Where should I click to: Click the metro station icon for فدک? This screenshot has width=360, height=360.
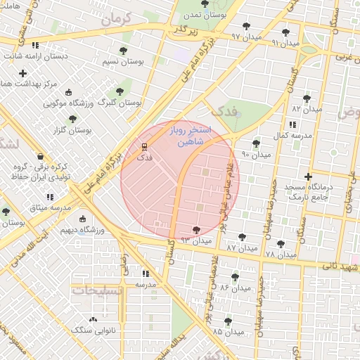point(144,146)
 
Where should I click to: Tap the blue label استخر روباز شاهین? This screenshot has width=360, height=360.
point(187,136)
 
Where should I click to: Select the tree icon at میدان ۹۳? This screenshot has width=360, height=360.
point(196,229)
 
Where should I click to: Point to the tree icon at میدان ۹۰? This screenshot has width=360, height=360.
point(256,143)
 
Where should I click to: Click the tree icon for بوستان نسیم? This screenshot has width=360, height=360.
point(124,51)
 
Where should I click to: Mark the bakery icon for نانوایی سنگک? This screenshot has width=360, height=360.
point(94,329)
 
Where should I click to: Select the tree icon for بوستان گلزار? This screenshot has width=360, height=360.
point(73,120)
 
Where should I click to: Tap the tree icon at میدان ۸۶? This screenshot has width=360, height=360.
point(236,277)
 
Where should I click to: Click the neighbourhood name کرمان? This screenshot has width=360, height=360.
point(116,19)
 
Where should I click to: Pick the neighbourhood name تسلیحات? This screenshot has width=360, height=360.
point(96,290)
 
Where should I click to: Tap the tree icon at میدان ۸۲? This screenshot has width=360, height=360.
point(306,98)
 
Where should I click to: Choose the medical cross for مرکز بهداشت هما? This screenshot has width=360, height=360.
point(23,73)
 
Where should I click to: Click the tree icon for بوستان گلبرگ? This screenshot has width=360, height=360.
point(120,91)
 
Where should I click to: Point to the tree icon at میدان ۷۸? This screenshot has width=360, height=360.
point(281,243)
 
